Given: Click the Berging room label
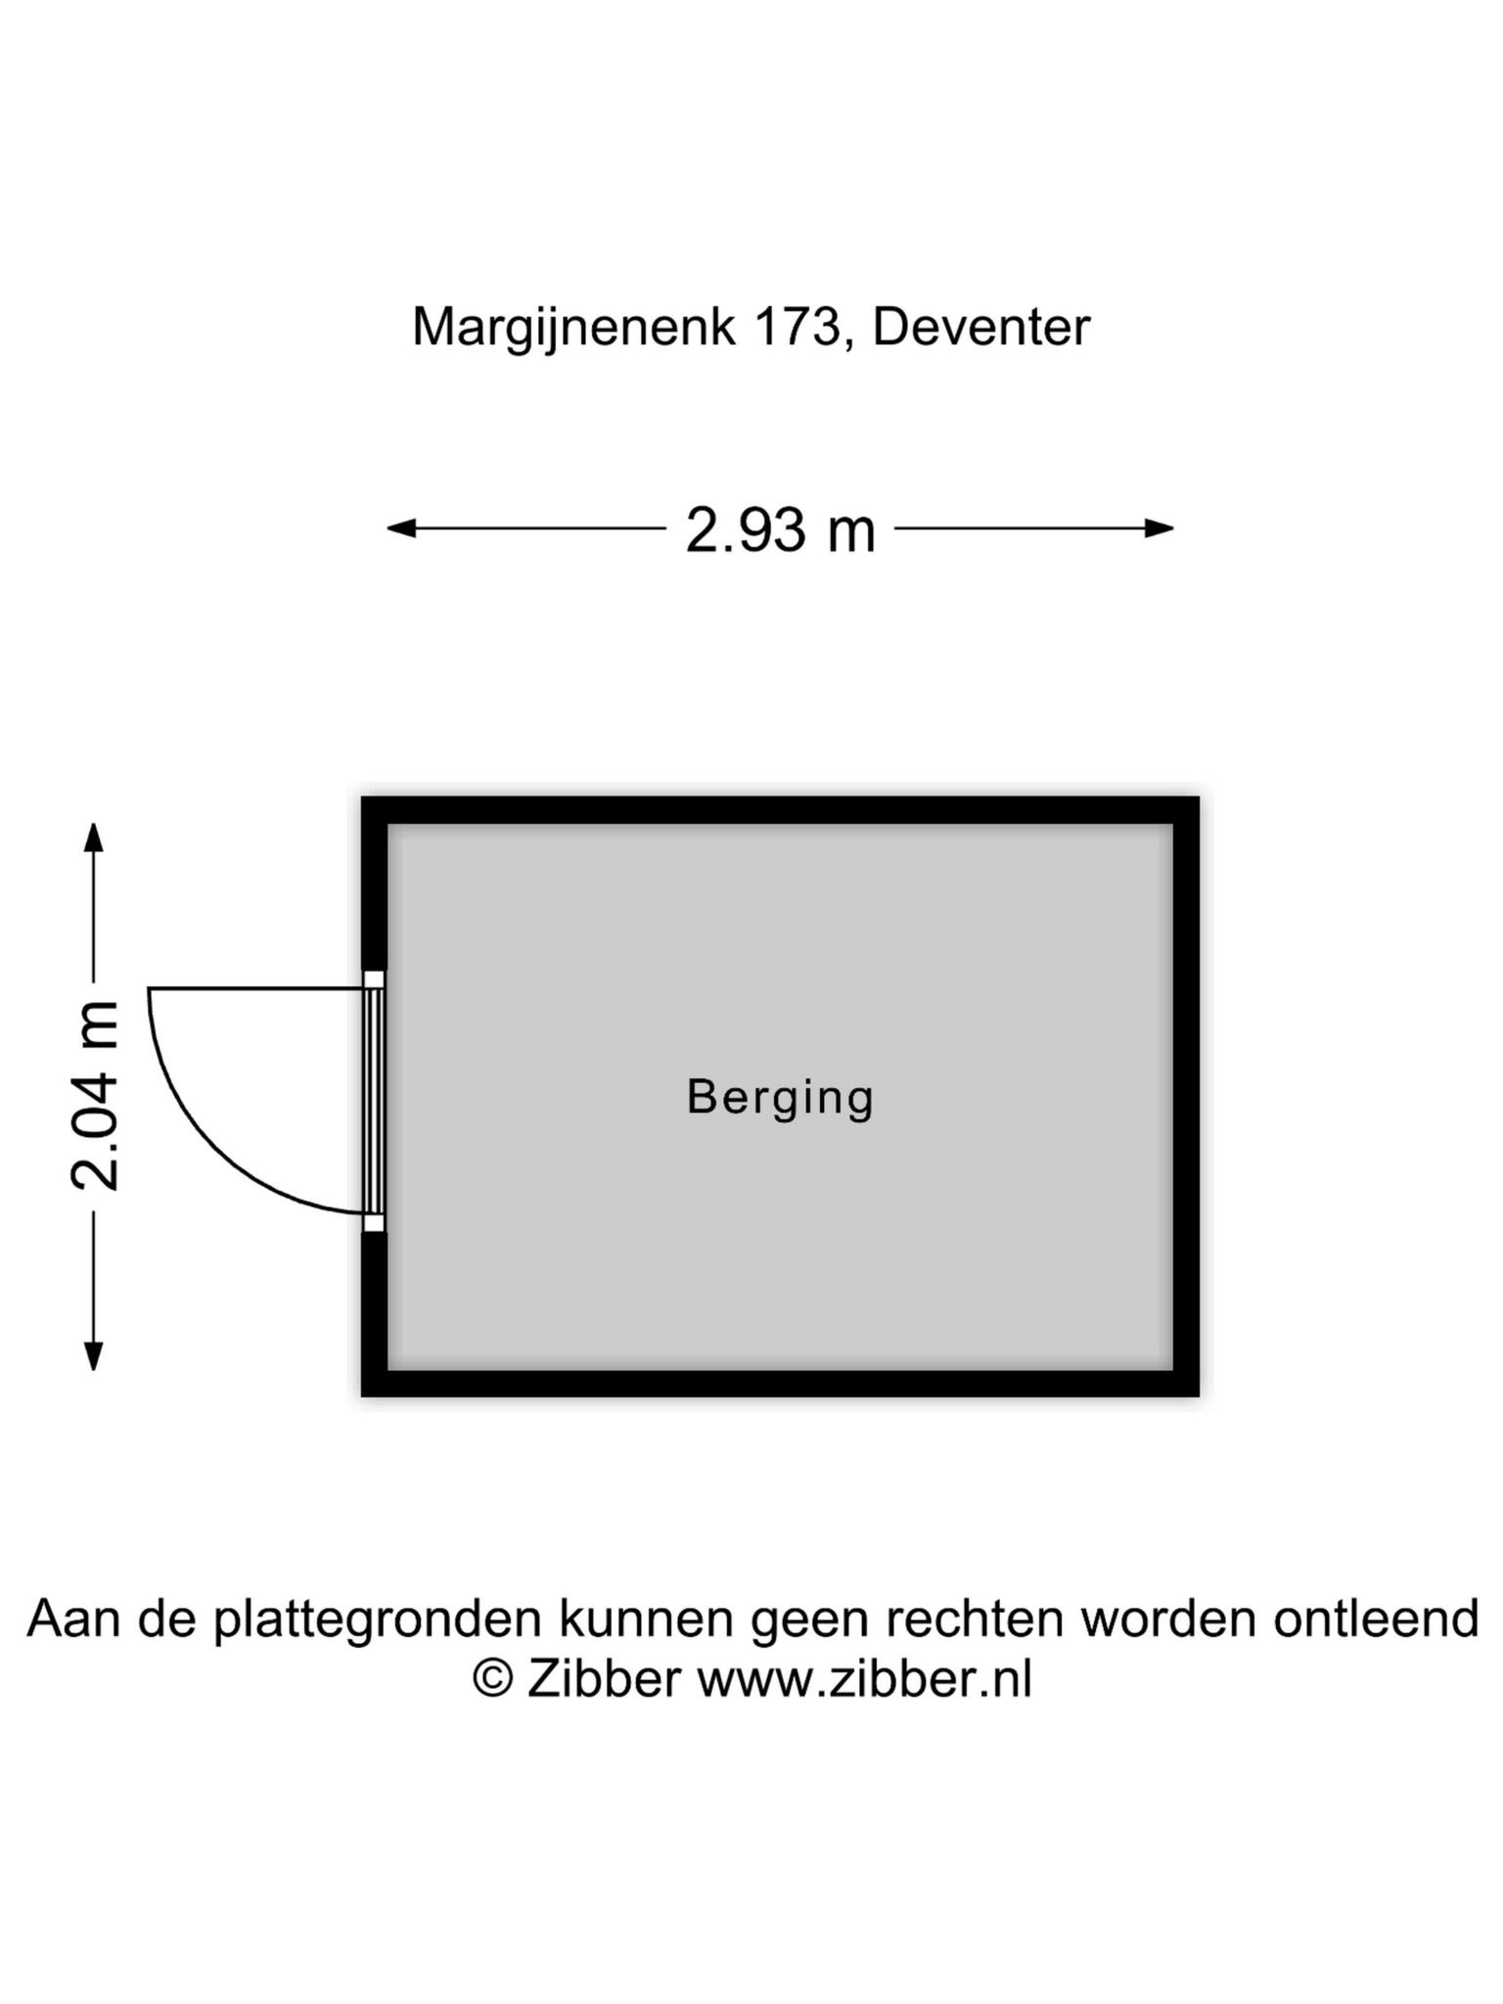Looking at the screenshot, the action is (780, 1098).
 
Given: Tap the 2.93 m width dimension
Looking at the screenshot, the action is (780, 529).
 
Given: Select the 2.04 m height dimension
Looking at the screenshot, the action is (95, 1096).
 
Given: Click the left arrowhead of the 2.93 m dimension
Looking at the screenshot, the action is (402, 528).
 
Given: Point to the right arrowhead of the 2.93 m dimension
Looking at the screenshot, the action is (1160, 528).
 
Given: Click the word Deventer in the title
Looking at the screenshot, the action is (980, 327).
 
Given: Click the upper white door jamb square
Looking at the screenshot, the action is (374, 979).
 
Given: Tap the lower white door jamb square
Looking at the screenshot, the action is (374, 1222).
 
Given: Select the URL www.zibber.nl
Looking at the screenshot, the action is (864, 1679).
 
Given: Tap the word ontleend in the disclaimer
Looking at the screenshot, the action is (1376, 1618).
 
